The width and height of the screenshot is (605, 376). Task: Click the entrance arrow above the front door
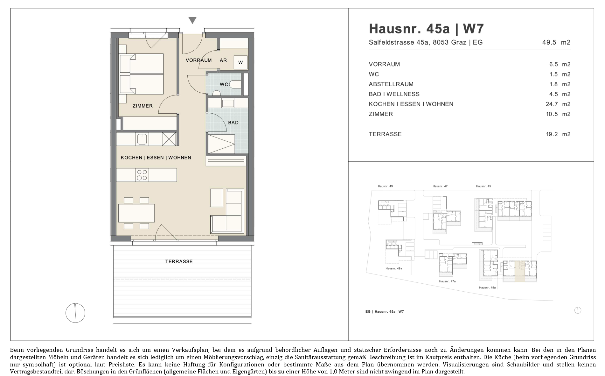tap(192, 20)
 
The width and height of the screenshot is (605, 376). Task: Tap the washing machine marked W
tap(240, 62)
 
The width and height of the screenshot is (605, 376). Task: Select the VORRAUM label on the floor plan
tap(199, 60)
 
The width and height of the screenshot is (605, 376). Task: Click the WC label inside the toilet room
tap(224, 84)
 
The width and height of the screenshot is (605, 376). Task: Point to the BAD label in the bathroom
tap(233, 123)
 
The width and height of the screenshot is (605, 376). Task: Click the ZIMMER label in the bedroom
tap(143, 106)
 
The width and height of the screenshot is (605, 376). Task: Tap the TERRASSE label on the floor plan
tap(179, 262)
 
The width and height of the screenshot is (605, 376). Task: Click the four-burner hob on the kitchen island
tap(142, 175)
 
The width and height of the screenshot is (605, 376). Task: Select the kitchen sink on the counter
tap(142, 139)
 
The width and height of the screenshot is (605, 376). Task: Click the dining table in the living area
tap(136, 213)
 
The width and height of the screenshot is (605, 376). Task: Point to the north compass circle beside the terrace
tap(75, 313)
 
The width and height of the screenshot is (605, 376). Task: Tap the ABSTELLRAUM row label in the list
tap(391, 84)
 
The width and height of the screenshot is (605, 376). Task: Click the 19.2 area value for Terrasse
tap(552, 134)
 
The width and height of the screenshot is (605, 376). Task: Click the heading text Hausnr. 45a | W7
tap(426, 29)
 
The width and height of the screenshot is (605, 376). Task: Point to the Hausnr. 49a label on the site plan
tap(394, 268)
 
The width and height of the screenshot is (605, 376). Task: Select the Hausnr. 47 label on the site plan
tap(440, 186)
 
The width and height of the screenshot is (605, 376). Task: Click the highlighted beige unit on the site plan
tap(520, 271)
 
